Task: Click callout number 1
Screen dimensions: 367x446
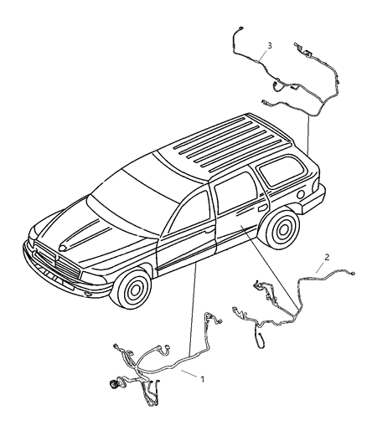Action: [202, 379]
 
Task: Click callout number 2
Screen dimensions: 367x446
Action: [327, 257]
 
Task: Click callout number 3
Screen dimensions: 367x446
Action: [269, 45]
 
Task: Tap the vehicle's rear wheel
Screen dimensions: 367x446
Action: [282, 228]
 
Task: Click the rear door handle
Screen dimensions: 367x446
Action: [261, 209]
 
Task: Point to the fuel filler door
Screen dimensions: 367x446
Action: [299, 195]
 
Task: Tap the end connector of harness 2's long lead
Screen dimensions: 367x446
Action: [353, 274]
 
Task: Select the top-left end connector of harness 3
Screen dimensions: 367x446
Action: [240, 28]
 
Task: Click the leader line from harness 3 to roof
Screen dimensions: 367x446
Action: [308, 134]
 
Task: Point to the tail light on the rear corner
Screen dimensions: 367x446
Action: [315, 184]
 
